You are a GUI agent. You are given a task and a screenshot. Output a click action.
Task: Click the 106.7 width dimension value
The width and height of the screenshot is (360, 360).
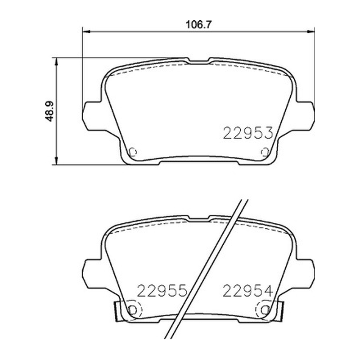click(x=198, y=25)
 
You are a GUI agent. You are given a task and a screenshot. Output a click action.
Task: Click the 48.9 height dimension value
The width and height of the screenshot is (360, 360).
click(x=49, y=111)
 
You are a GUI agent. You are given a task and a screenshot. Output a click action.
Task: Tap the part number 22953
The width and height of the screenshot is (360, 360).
click(x=248, y=133)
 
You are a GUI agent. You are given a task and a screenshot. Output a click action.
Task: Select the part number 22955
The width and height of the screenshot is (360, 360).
click(x=162, y=291)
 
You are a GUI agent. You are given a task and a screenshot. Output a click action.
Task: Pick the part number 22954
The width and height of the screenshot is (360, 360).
click(x=248, y=291)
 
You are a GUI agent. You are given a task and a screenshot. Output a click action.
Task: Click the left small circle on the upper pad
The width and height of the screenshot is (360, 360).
click(x=133, y=152)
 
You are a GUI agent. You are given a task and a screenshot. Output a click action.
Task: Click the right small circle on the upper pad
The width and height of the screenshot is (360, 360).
click(x=265, y=152)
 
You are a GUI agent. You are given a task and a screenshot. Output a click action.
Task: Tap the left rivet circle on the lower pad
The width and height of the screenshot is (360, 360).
click(x=133, y=310)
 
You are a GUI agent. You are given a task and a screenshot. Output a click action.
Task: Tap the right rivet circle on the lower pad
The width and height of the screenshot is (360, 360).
click(x=265, y=310)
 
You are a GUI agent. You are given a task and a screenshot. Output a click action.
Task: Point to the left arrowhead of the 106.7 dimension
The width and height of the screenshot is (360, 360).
click(x=85, y=31)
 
